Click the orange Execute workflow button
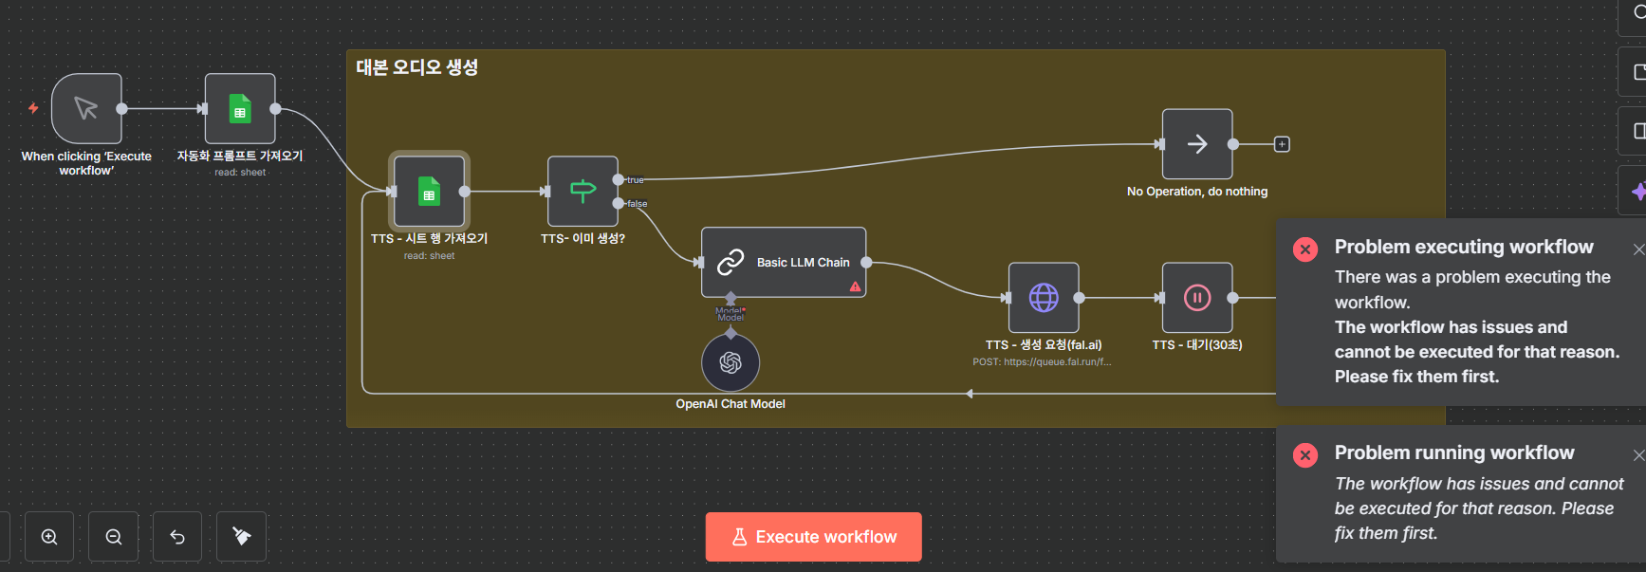click(x=813, y=537)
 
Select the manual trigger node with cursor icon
click(x=86, y=109)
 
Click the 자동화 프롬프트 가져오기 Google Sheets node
click(x=240, y=109)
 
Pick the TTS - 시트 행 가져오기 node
click(x=429, y=192)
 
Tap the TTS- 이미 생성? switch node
click(x=583, y=192)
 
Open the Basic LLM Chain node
click(x=784, y=262)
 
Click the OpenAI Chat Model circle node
click(x=731, y=362)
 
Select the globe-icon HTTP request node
click(x=1044, y=298)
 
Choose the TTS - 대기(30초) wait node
click(x=1197, y=298)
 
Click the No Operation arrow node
click(x=1197, y=144)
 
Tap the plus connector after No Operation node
click(x=1282, y=144)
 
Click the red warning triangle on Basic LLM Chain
click(x=855, y=286)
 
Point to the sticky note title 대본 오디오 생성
click(x=417, y=67)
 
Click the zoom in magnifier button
click(x=49, y=537)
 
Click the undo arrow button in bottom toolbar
click(x=177, y=537)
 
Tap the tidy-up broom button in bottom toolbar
click(x=242, y=537)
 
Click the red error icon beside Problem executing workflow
click(x=1305, y=249)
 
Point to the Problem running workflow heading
click(x=1453, y=452)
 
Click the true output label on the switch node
click(x=635, y=180)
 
